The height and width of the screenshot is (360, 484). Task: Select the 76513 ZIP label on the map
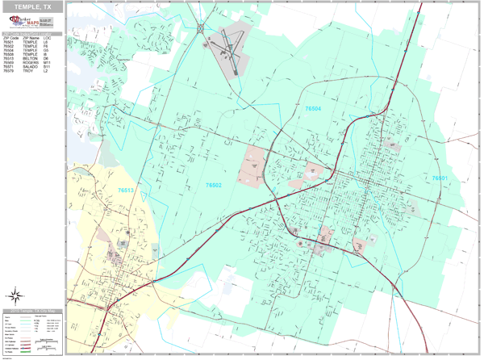127,190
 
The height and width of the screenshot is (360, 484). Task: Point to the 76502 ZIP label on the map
214,185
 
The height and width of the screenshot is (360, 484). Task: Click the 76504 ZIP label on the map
312,107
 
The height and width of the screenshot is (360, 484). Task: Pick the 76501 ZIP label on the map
440,178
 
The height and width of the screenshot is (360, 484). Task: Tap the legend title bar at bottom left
32,311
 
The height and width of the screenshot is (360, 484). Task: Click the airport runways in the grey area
229,52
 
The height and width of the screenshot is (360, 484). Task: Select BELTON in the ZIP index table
30,59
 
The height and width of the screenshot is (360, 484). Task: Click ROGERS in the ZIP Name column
30,63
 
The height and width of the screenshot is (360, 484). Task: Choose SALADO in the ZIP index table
30,67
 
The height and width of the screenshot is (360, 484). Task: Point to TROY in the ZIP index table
27,71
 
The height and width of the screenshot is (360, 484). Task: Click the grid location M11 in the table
47,63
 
